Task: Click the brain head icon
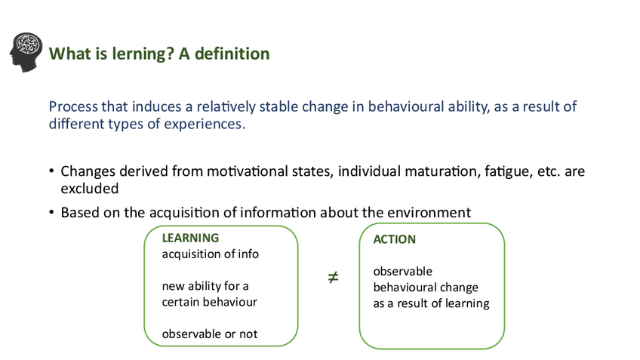(26, 52)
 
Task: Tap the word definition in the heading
(232, 54)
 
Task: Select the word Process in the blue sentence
(73, 106)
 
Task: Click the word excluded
(90, 189)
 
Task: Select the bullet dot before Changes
(51, 171)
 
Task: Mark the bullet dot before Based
(51, 212)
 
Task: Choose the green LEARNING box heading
(190, 238)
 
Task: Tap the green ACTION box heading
(394, 239)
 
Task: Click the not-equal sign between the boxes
(333, 278)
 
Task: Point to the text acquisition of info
(211, 254)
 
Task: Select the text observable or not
(210, 334)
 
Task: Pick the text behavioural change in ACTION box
(426, 288)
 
